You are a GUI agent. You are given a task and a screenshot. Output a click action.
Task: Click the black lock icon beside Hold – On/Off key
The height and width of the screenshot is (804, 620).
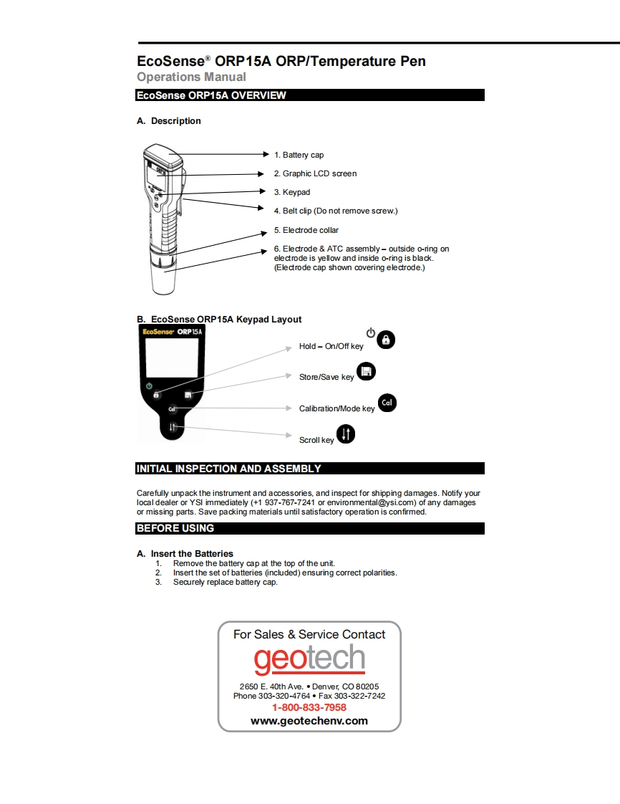coord(386,340)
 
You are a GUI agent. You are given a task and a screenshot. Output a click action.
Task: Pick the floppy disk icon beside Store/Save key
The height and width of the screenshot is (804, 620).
coord(366,371)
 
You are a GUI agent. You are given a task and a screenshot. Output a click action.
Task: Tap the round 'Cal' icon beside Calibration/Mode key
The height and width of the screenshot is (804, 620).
coord(387,403)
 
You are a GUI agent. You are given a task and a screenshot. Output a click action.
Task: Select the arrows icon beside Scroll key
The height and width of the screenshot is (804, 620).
coord(346,434)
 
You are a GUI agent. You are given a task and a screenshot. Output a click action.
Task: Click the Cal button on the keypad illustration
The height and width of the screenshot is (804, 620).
coord(172,409)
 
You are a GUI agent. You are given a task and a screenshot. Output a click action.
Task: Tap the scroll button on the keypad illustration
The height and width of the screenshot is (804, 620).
coord(172,428)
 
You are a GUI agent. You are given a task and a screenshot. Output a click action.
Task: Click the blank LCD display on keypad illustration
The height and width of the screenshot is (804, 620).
coord(172,358)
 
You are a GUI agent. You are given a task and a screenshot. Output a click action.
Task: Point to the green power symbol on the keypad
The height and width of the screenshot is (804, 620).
coord(149,386)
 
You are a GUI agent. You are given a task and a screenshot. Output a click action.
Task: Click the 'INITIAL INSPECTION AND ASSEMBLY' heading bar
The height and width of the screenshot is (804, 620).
coord(310,469)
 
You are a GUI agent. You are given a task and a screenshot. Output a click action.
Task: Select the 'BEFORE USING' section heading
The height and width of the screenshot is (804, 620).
coord(310,528)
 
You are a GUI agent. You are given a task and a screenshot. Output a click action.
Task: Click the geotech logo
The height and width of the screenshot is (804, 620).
coord(309,659)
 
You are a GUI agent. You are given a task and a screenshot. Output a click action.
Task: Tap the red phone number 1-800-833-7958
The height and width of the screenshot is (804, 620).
coord(309,707)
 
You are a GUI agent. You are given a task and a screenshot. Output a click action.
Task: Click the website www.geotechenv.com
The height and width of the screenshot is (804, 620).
coord(309,721)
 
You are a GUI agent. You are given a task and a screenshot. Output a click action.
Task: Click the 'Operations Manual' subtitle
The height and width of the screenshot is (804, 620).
coord(191,77)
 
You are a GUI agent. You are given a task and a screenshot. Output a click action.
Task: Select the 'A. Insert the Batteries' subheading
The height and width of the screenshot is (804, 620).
coord(185,553)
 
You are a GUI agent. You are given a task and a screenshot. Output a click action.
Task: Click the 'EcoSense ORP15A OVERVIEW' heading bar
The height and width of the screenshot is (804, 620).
coord(310,95)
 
